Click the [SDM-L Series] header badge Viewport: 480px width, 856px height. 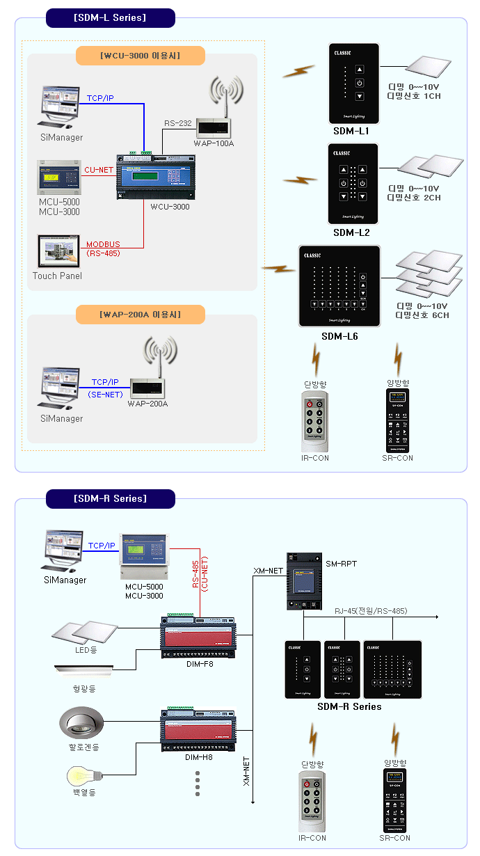(x=110, y=18)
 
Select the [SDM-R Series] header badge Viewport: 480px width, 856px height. (x=110, y=498)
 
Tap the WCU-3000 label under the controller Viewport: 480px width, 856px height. (x=170, y=206)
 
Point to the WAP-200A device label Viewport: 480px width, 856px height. (x=147, y=404)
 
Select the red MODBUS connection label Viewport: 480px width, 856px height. (x=103, y=244)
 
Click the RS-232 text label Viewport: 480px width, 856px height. (x=178, y=123)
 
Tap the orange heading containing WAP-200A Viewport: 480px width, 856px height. (x=140, y=315)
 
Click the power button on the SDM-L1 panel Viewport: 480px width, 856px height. (x=359, y=84)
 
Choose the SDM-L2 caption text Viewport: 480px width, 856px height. (x=351, y=232)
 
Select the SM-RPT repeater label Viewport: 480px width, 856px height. (x=341, y=563)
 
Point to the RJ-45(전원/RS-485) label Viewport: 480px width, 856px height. (x=371, y=610)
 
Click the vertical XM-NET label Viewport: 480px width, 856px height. (x=246, y=771)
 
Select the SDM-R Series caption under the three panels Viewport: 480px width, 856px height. (x=349, y=706)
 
